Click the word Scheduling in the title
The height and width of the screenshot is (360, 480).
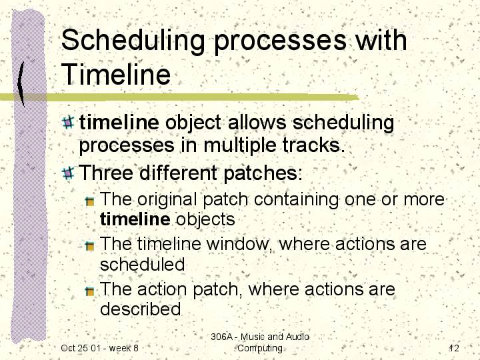[x=133, y=41]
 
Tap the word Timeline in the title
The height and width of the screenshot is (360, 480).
[x=116, y=74]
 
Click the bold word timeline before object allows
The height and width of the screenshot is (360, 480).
[x=119, y=122]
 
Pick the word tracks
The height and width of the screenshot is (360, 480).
[x=313, y=145]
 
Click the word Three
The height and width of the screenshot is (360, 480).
[x=106, y=173]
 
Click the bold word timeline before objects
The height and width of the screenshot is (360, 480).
[x=135, y=219]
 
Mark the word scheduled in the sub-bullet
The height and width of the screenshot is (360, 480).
[x=143, y=264]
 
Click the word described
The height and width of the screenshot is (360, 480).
[x=141, y=309]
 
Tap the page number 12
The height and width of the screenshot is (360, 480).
[x=454, y=348]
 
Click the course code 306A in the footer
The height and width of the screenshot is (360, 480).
[x=221, y=337]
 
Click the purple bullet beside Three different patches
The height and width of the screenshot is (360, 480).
[x=68, y=173]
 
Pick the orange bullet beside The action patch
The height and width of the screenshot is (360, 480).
[x=89, y=291]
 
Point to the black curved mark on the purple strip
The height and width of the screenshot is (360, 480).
[x=21, y=83]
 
